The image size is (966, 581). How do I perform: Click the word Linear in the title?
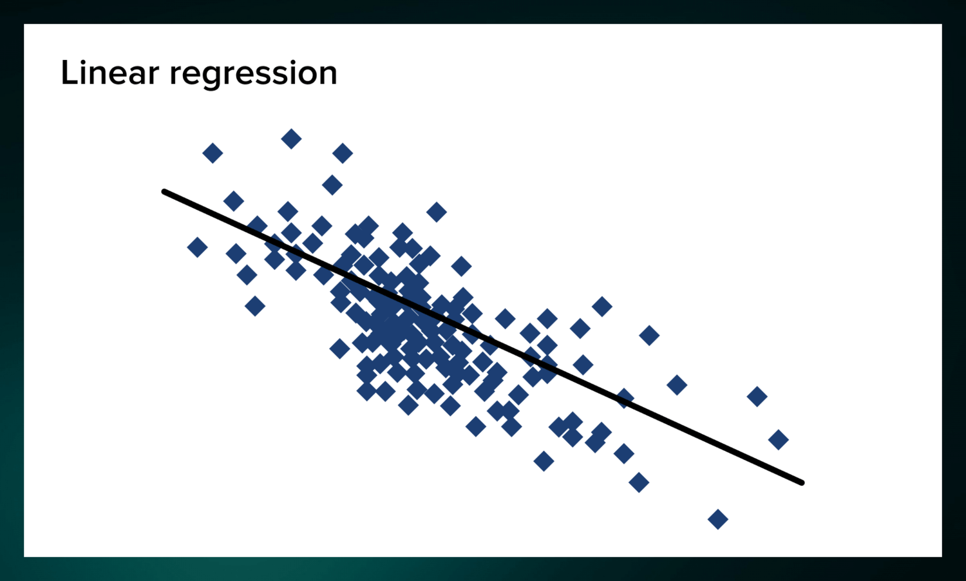pyautogui.click(x=109, y=73)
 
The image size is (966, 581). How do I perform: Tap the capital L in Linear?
pyautogui.click(x=68, y=73)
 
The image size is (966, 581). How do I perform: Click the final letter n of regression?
pyautogui.click(x=328, y=75)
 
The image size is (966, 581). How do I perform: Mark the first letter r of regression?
pyautogui.click(x=175, y=75)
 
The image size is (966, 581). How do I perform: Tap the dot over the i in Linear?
pyautogui.click(x=83, y=61)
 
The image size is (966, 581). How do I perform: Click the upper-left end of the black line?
pyautogui.click(x=165, y=191)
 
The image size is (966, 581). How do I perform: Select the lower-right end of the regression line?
pyautogui.click(x=801, y=482)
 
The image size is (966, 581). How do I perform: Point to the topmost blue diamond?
pyautogui.click(x=291, y=138)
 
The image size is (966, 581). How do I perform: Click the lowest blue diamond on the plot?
pyautogui.click(x=717, y=519)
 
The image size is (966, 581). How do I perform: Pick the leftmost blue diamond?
pyautogui.click(x=197, y=247)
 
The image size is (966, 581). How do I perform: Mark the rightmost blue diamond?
pyautogui.click(x=779, y=440)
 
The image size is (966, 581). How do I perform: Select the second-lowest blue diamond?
pyautogui.click(x=639, y=482)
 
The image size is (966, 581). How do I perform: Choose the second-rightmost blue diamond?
pyautogui.click(x=757, y=396)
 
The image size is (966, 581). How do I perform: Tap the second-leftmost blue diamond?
pyautogui.click(x=213, y=153)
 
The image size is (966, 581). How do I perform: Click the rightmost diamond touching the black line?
pyautogui.click(x=623, y=398)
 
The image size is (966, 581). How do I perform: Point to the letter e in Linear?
pyautogui.click(x=117, y=75)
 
